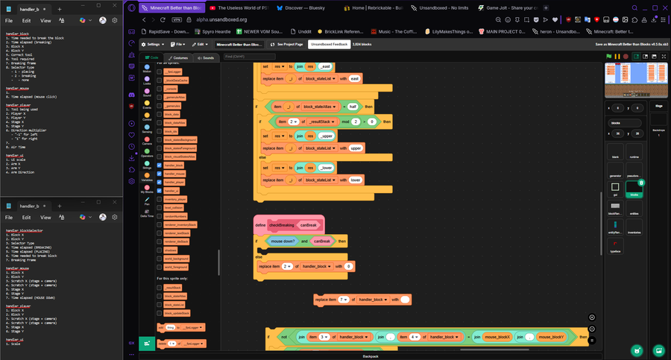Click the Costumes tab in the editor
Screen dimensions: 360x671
tap(178, 57)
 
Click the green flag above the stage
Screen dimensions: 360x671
tap(608, 57)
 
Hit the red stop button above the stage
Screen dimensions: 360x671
tap(617, 57)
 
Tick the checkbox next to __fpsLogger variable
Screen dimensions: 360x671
tap(160, 72)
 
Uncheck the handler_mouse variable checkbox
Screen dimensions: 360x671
tap(160, 173)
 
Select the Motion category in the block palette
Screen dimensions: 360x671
tap(147, 69)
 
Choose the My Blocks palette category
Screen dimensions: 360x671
tap(147, 188)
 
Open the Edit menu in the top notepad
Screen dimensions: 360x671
tap(27, 20)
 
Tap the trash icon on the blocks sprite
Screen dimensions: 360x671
tap(642, 182)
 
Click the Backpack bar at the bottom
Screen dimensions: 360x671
tap(371, 356)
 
